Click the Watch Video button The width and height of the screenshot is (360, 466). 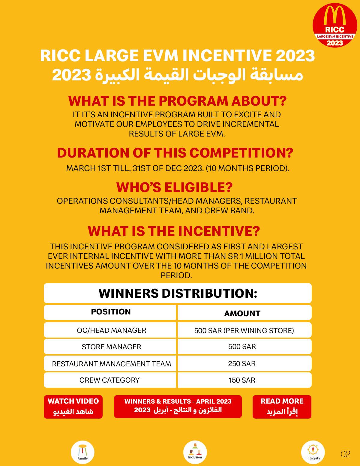coord(73,407)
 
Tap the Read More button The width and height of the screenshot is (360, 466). coord(282,407)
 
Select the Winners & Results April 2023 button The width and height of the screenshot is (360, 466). coord(178,406)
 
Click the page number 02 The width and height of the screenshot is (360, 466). coord(346,454)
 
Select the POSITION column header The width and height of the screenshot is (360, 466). coord(111,312)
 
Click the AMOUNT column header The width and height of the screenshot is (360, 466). coord(242,313)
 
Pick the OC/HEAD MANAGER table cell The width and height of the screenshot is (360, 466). coord(111,330)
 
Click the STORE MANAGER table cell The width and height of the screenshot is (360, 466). coord(111,347)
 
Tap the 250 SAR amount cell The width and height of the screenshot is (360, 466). coord(242,364)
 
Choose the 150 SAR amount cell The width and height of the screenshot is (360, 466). coord(242,380)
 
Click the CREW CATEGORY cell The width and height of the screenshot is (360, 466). coord(109,380)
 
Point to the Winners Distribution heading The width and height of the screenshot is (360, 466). coord(178,293)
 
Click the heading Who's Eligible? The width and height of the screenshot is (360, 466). coord(175,187)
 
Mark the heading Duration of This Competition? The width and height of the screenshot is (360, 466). coord(175,153)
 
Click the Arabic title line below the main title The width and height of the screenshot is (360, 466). coord(178,74)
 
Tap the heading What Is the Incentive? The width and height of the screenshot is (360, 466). coord(174,231)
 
